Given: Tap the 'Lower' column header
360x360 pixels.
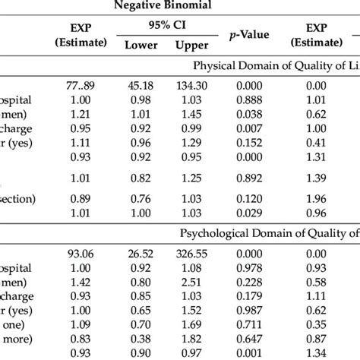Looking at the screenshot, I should point(141,46).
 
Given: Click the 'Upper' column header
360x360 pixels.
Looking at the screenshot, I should point(191,46).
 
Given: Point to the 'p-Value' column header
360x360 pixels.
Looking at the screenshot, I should point(246,36).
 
